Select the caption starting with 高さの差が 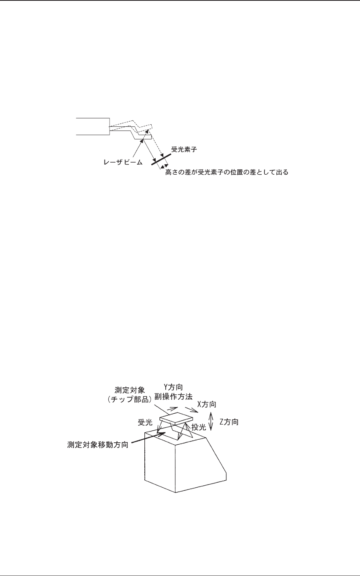tap(226, 172)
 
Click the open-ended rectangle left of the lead tap(93, 126)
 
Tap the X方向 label tap(207, 404)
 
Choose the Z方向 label tap(229, 422)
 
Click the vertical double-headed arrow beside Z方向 tap(211, 422)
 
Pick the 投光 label tap(199, 428)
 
